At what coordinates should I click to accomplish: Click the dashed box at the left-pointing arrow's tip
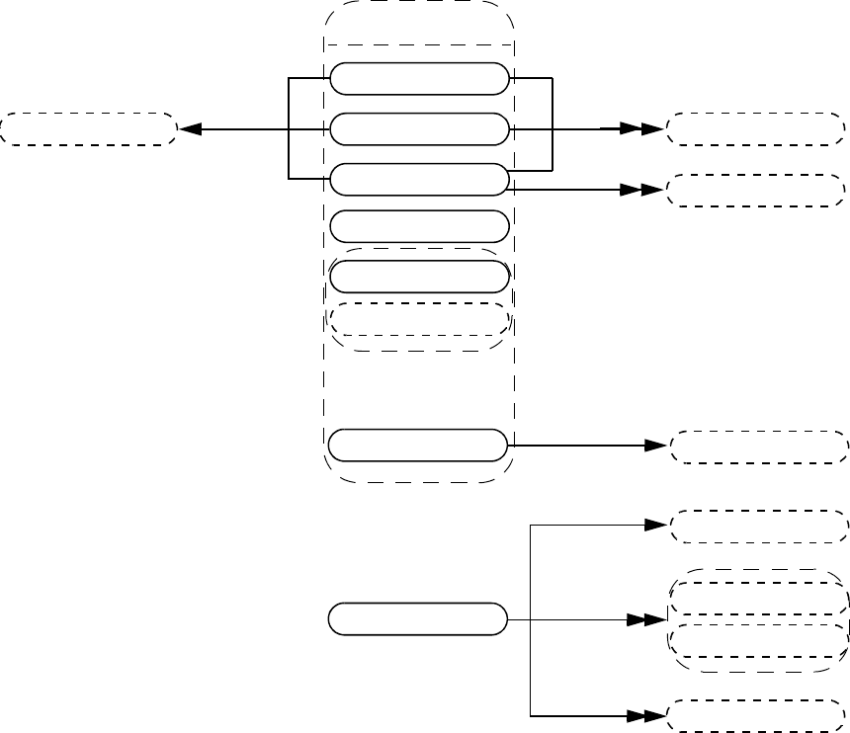tap(88, 129)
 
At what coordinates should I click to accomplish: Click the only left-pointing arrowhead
tap(189, 129)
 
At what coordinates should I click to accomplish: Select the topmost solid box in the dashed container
tap(419, 79)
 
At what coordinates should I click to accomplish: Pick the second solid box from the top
tap(419, 128)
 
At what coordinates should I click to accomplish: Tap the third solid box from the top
tap(419, 179)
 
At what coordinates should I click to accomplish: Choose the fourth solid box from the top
tap(419, 226)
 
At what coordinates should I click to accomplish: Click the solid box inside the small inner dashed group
tap(419, 277)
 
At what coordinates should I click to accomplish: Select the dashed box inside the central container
tap(419, 319)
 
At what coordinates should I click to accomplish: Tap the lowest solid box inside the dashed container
tap(419, 446)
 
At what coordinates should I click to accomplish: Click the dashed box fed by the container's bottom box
tap(758, 447)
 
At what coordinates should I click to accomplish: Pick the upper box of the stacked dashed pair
tap(758, 599)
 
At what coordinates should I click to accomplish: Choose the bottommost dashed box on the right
tap(758, 715)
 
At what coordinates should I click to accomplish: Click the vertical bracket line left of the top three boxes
tap(288, 129)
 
